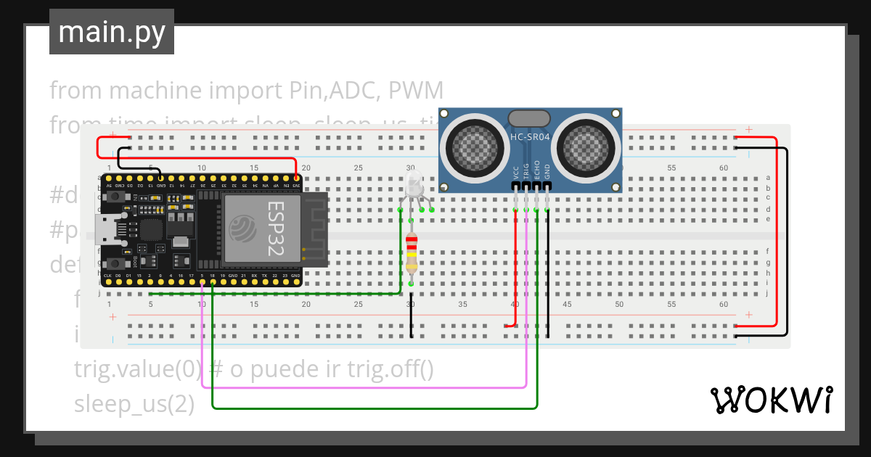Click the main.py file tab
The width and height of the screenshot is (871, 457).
click(x=111, y=32)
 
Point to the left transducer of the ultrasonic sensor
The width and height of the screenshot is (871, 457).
click(x=476, y=144)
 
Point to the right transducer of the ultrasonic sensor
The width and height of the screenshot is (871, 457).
click(x=587, y=144)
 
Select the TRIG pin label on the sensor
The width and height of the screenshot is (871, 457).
click(x=526, y=171)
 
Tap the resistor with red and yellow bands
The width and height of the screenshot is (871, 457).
click(x=412, y=254)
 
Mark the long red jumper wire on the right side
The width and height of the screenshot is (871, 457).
click(x=777, y=232)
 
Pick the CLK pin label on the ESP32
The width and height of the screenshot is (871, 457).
click(x=107, y=276)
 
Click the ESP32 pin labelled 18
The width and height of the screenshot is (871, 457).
click(x=212, y=276)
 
